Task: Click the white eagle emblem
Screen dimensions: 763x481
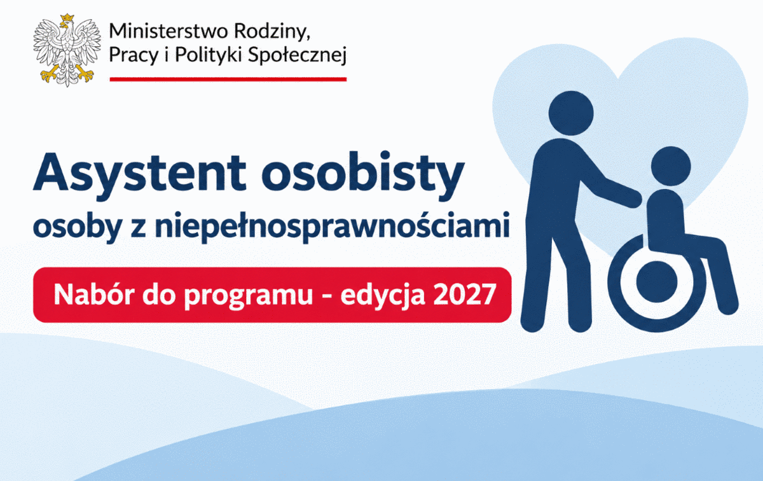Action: point(67,50)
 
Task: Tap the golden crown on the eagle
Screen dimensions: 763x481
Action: point(67,18)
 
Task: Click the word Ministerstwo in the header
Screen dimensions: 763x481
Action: point(168,31)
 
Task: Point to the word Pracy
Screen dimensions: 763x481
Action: point(134,55)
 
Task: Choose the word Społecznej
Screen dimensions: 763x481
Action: point(297,55)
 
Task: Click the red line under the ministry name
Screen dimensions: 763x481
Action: point(228,80)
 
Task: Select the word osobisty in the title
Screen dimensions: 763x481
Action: point(363,174)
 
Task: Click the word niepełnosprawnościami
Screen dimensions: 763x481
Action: point(332,226)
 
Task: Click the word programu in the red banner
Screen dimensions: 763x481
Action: point(249,296)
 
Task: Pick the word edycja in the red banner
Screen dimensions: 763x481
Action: point(383,296)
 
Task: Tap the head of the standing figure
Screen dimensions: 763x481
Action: point(571,113)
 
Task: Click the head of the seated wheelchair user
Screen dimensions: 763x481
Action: point(671,166)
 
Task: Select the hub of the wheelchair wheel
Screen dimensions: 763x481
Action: point(657,282)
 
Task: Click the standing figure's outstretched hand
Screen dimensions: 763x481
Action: point(633,199)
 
